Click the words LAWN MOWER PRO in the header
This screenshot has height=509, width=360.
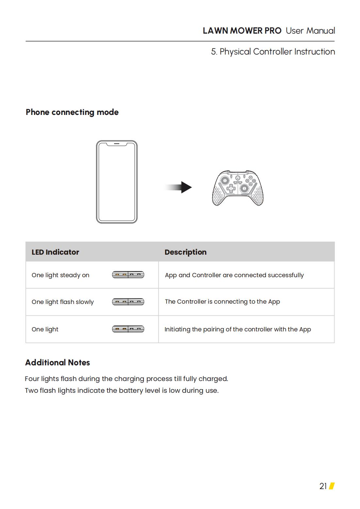[x=242, y=31]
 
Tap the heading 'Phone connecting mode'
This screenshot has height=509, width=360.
[x=72, y=112]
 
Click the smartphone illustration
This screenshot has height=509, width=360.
[x=117, y=182]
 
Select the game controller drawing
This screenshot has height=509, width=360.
[x=238, y=188]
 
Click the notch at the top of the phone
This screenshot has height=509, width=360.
[x=117, y=144]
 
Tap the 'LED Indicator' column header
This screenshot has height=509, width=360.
[x=55, y=252]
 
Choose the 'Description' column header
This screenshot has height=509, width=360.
[x=186, y=252]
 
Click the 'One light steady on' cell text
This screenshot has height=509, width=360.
[x=60, y=275]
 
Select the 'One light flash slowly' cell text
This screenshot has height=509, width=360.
[x=63, y=302]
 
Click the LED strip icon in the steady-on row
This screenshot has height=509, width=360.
[x=128, y=275]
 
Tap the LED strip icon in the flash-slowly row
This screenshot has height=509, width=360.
[x=128, y=302]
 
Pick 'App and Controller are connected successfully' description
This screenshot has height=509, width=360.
[x=234, y=275]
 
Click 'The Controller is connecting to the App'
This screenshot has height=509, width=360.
[x=222, y=302]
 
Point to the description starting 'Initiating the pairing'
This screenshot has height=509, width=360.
[x=237, y=329]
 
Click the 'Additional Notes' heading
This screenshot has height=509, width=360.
[x=57, y=363]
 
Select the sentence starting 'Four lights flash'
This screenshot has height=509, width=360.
[x=126, y=379]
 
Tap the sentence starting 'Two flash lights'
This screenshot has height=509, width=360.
[x=122, y=390]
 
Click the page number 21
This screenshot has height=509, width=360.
[x=323, y=486]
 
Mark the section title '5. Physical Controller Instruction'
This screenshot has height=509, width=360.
[x=273, y=52]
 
